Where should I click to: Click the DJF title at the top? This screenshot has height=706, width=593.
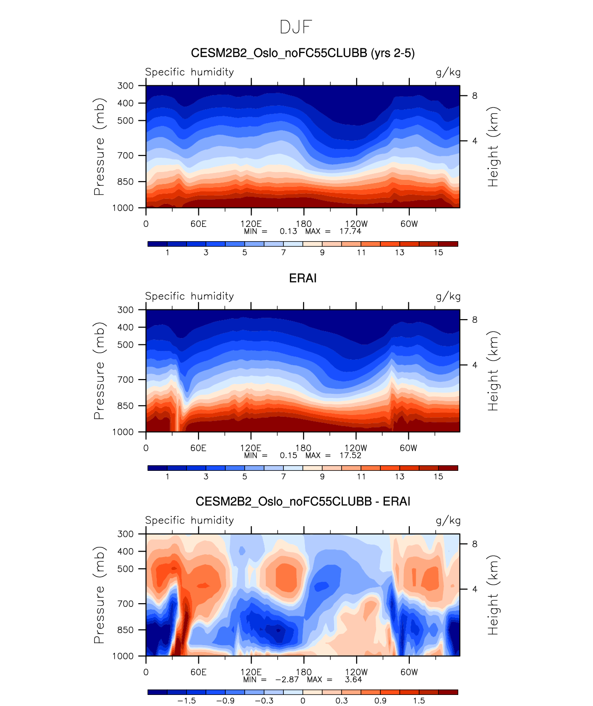point(296,27)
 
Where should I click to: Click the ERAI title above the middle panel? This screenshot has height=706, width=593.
point(303,278)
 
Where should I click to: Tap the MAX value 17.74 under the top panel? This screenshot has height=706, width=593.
point(350,231)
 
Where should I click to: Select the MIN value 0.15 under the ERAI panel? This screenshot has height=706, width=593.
point(288,455)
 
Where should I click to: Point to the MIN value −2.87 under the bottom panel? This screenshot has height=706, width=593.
point(287,679)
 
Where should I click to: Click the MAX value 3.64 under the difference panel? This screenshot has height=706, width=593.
point(353,679)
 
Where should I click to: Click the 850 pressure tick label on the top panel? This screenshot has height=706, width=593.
point(125,182)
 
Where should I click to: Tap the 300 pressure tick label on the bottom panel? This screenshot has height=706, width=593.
point(125,534)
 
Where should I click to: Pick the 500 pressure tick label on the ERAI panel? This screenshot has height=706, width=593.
point(125,345)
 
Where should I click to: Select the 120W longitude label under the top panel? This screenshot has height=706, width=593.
point(356,224)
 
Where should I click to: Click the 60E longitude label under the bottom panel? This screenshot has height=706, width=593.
point(198,672)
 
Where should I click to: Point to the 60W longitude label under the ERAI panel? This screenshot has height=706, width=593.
point(409,448)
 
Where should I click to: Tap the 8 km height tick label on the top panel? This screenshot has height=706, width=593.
point(474,96)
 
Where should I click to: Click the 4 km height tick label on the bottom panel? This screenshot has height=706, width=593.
point(474,589)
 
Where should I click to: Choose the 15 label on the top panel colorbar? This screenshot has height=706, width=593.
point(438,252)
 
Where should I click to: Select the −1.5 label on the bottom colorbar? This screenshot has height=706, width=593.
point(186,700)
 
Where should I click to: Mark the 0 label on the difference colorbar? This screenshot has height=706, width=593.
point(303,700)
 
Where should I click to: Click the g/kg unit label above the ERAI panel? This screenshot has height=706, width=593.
point(448,297)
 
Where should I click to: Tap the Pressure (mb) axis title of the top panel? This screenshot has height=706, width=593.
point(99,147)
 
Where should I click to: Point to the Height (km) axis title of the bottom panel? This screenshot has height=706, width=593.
point(493,595)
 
